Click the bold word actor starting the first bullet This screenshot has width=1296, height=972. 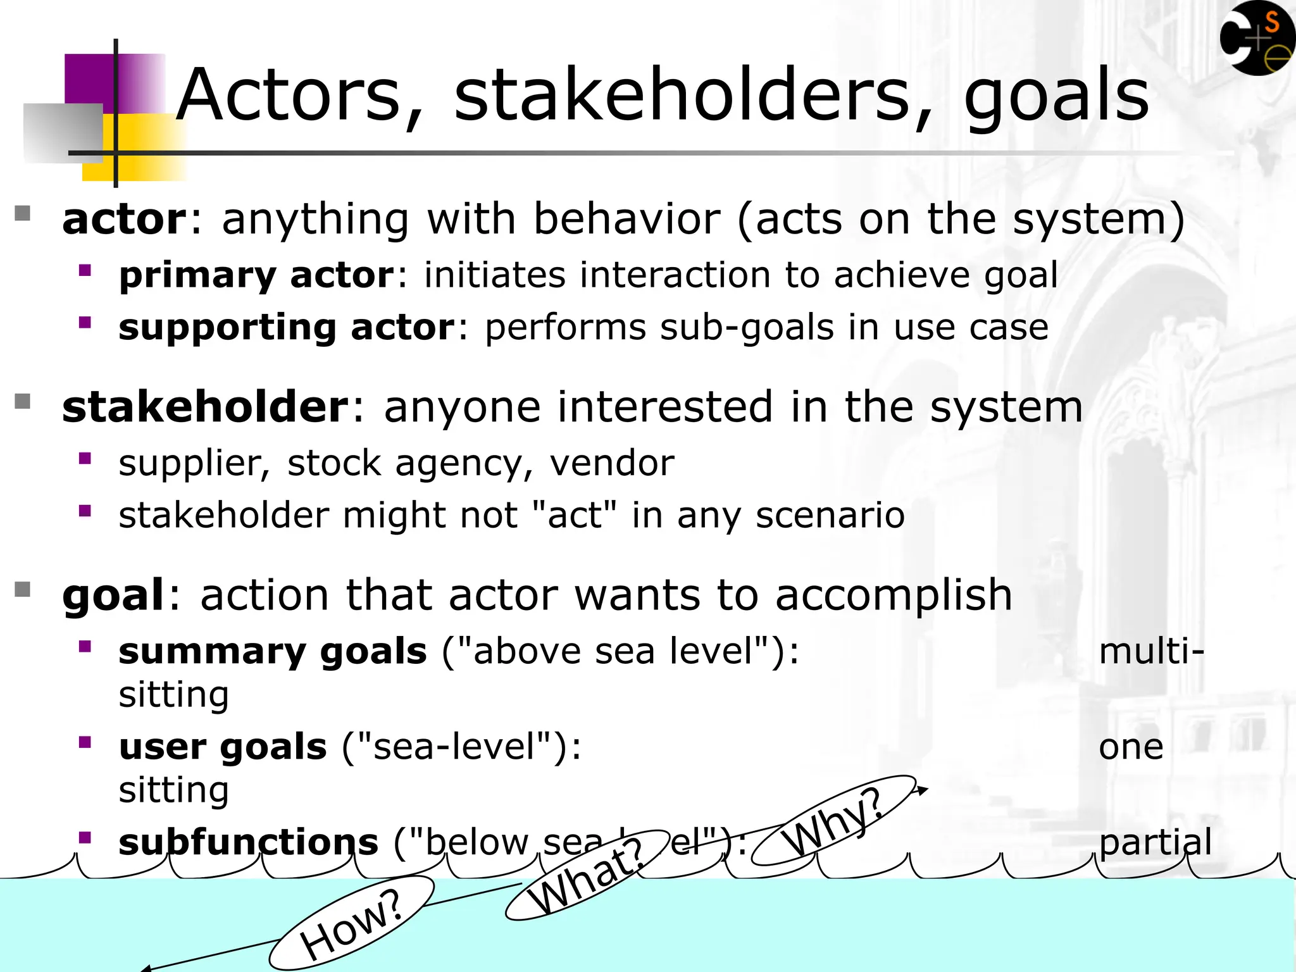point(124,219)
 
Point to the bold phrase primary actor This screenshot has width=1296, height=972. point(256,275)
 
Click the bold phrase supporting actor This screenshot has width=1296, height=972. point(286,327)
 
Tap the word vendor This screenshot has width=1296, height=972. point(611,463)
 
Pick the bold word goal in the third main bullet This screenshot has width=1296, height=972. point(113,595)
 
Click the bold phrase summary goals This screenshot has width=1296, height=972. point(272,651)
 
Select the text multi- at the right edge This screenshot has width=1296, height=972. point(1150,651)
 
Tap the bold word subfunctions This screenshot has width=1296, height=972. point(248,842)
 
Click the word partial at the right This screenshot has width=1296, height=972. point(1155,842)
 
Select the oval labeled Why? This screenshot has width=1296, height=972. point(833,821)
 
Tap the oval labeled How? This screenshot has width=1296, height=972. point(352,923)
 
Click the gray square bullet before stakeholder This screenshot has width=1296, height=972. point(23,402)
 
